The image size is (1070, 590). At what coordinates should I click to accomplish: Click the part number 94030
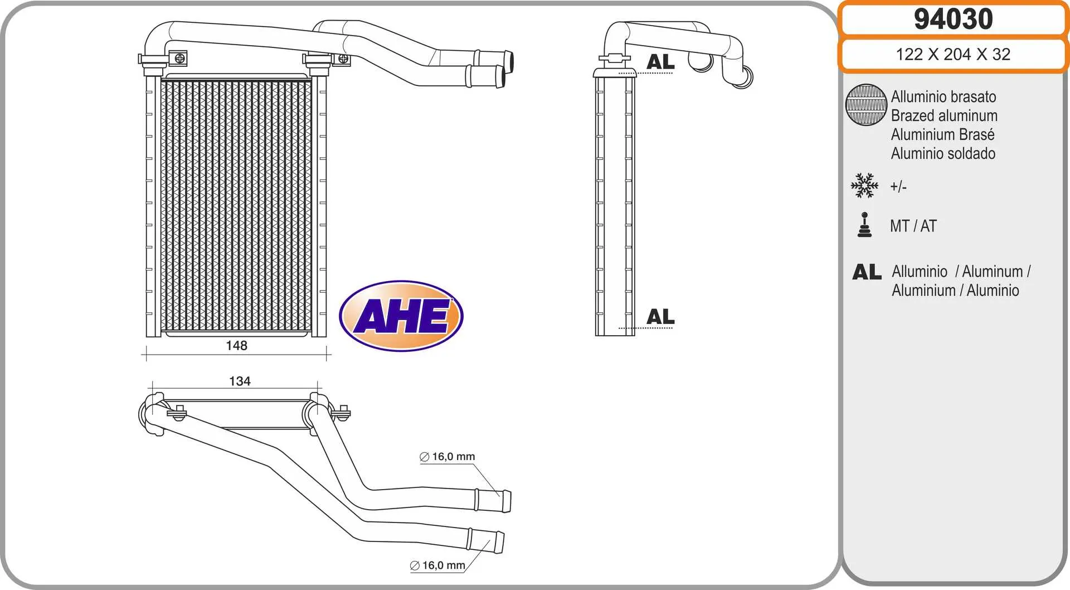(953, 19)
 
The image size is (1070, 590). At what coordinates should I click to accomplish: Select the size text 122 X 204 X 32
(953, 54)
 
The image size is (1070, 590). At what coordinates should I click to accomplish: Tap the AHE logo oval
(401, 316)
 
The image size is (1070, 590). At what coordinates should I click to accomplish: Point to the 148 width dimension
(236, 346)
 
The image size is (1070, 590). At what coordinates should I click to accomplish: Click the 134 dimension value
(240, 381)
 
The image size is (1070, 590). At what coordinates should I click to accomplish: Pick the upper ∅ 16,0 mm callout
(447, 457)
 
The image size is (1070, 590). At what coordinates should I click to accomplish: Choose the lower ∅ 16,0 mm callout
(437, 565)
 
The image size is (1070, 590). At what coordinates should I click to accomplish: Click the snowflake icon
(864, 186)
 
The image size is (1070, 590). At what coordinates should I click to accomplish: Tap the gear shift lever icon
(864, 225)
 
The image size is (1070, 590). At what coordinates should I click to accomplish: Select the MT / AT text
(913, 226)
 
